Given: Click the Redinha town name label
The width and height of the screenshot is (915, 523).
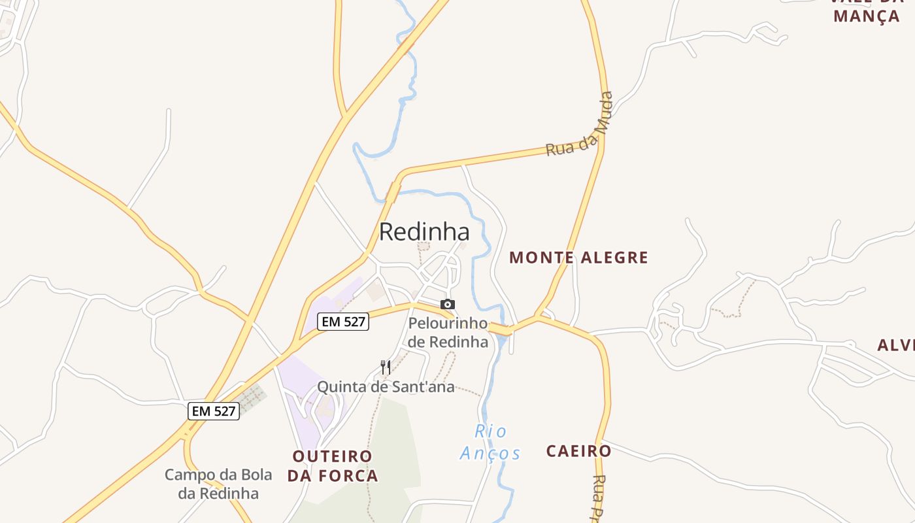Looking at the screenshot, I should (x=424, y=231).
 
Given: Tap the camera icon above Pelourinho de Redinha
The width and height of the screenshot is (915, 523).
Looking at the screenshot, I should (x=448, y=304).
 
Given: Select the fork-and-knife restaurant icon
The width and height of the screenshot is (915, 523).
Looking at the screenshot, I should (x=386, y=367).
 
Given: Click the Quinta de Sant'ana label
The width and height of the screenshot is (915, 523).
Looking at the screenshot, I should (x=386, y=387).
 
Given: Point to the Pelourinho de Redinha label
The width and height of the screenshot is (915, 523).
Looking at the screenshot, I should (x=448, y=332).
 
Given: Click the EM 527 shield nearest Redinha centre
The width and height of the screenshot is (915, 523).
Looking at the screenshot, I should (x=343, y=321).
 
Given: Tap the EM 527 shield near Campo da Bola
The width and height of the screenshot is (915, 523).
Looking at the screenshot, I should (x=214, y=411).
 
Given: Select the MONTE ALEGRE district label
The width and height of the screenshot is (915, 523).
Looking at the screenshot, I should (x=578, y=258).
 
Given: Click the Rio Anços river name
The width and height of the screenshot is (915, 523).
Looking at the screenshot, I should (x=491, y=442).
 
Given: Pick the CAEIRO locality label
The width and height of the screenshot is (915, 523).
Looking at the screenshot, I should (x=578, y=450).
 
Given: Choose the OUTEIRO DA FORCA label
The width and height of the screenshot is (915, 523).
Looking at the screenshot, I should (x=333, y=465).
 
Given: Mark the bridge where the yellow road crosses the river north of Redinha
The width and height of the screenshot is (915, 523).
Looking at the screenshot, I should (x=393, y=192).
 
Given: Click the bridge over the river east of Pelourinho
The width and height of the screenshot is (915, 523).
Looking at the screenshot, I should (x=501, y=330).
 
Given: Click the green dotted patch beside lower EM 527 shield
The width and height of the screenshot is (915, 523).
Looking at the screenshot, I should (x=252, y=396).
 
